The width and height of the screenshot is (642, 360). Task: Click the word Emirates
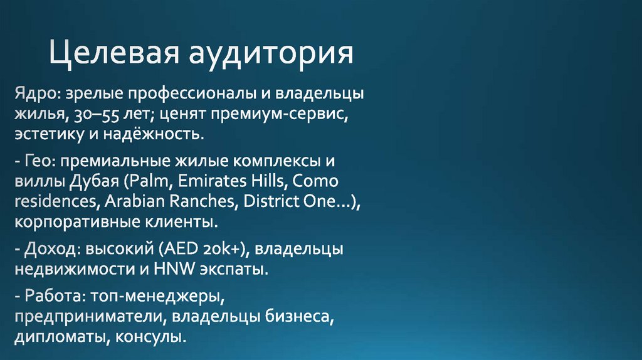point(210,183)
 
